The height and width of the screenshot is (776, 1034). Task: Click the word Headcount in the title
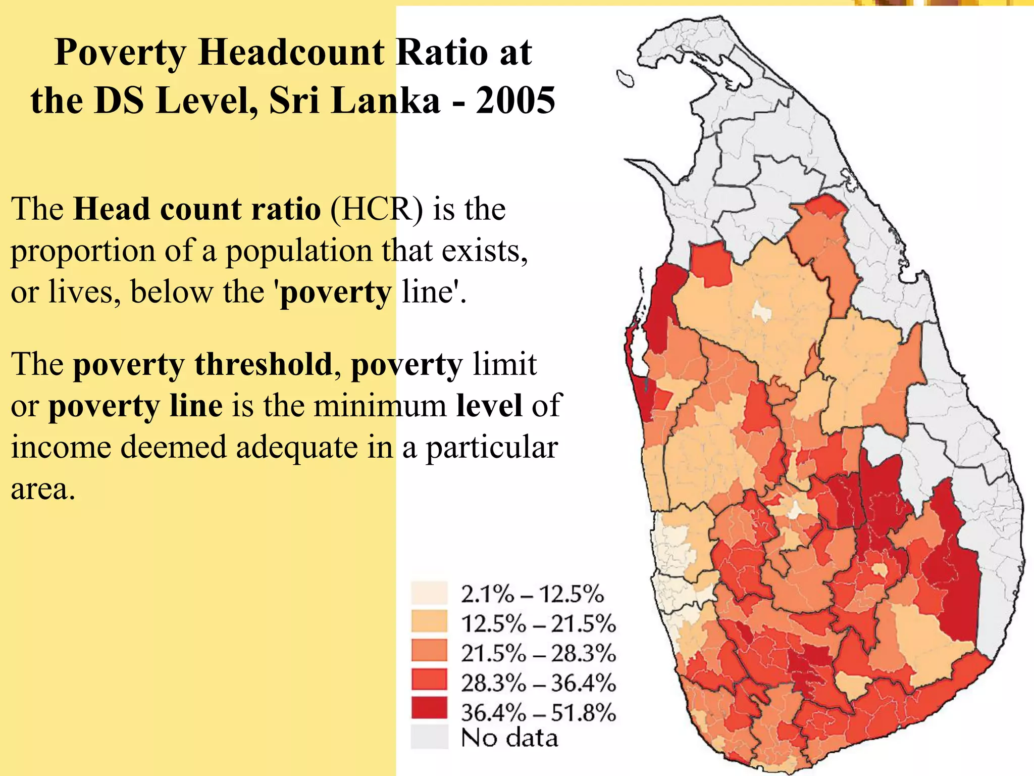(292, 53)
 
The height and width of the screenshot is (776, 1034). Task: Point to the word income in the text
(60, 448)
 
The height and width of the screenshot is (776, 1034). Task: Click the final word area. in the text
(43, 489)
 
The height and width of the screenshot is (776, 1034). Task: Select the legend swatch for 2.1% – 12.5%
(429, 593)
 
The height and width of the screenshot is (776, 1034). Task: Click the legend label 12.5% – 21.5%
(538, 623)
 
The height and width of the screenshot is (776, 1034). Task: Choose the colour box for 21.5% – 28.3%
(429, 651)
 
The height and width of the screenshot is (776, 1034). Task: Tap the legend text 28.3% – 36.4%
(538, 683)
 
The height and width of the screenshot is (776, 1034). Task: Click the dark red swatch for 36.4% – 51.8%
(429, 708)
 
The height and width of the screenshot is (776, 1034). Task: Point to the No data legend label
(509, 738)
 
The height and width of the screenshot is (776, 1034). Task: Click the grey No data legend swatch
(429, 737)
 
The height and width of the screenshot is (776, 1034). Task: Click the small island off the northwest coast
(625, 79)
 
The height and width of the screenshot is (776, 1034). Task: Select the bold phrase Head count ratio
(197, 209)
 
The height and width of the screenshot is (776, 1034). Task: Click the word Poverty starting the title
(120, 53)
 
